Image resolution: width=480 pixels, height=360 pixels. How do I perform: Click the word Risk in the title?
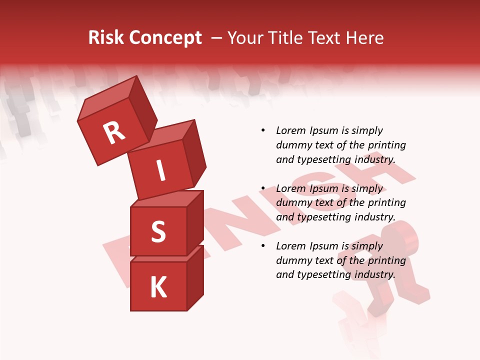click(106, 38)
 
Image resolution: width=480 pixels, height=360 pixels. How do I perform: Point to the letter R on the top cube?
click(114, 132)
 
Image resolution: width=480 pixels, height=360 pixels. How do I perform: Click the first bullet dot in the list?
click(263, 131)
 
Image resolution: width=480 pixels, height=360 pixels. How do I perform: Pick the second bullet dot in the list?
click(263, 188)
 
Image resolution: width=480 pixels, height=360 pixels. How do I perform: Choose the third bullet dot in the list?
click(263, 246)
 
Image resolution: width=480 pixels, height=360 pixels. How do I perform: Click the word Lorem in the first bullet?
click(290, 131)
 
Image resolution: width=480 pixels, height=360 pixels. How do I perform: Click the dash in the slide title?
click(217, 38)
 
